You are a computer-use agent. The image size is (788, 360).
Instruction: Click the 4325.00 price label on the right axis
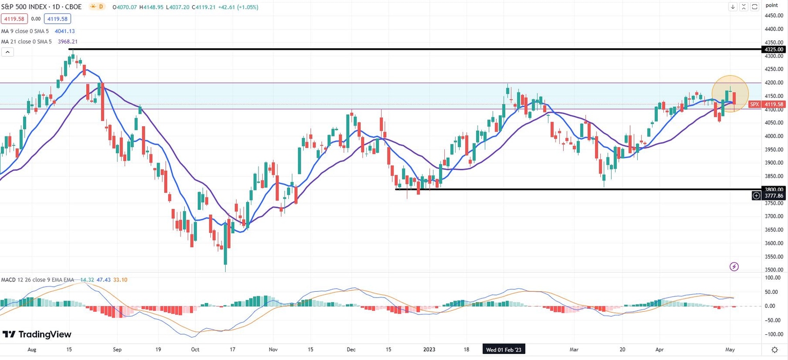(774, 49)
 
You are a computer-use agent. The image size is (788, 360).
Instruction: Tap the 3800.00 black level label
(774, 189)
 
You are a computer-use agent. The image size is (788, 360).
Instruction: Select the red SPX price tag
(755, 104)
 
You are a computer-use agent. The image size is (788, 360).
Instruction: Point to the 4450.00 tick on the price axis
(774, 16)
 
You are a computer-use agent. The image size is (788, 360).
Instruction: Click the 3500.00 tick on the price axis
(774, 270)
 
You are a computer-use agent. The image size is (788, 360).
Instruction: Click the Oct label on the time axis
(195, 350)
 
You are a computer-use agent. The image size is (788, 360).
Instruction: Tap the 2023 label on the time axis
(429, 350)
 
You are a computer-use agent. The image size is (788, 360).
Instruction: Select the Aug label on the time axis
(32, 350)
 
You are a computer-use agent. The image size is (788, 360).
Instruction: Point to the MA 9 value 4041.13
(65, 31)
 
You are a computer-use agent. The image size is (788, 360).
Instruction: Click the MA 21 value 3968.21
(68, 42)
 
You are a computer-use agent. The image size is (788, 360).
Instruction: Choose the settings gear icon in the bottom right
(775, 349)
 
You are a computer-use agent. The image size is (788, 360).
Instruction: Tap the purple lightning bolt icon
(734, 266)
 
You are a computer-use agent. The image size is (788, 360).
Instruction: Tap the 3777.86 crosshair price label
(774, 195)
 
